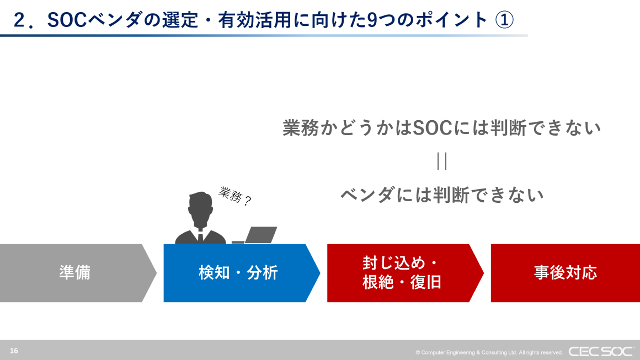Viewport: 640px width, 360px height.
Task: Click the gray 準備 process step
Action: click(x=74, y=273)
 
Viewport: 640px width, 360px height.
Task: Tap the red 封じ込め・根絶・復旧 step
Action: click(x=402, y=273)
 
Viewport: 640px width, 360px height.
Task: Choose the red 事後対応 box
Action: click(x=565, y=273)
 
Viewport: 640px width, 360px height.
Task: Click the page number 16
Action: click(x=14, y=351)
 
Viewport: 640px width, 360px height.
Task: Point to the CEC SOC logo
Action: click(x=601, y=351)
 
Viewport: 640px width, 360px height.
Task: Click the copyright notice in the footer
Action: click(x=489, y=352)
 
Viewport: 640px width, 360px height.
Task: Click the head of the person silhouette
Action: click(x=200, y=206)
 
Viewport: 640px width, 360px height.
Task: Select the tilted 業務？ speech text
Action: click(x=235, y=196)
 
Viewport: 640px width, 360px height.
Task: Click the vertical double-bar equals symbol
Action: click(x=441, y=161)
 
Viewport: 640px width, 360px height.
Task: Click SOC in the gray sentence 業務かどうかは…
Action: click(x=432, y=128)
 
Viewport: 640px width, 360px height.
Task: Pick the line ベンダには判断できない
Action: click(x=441, y=195)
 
